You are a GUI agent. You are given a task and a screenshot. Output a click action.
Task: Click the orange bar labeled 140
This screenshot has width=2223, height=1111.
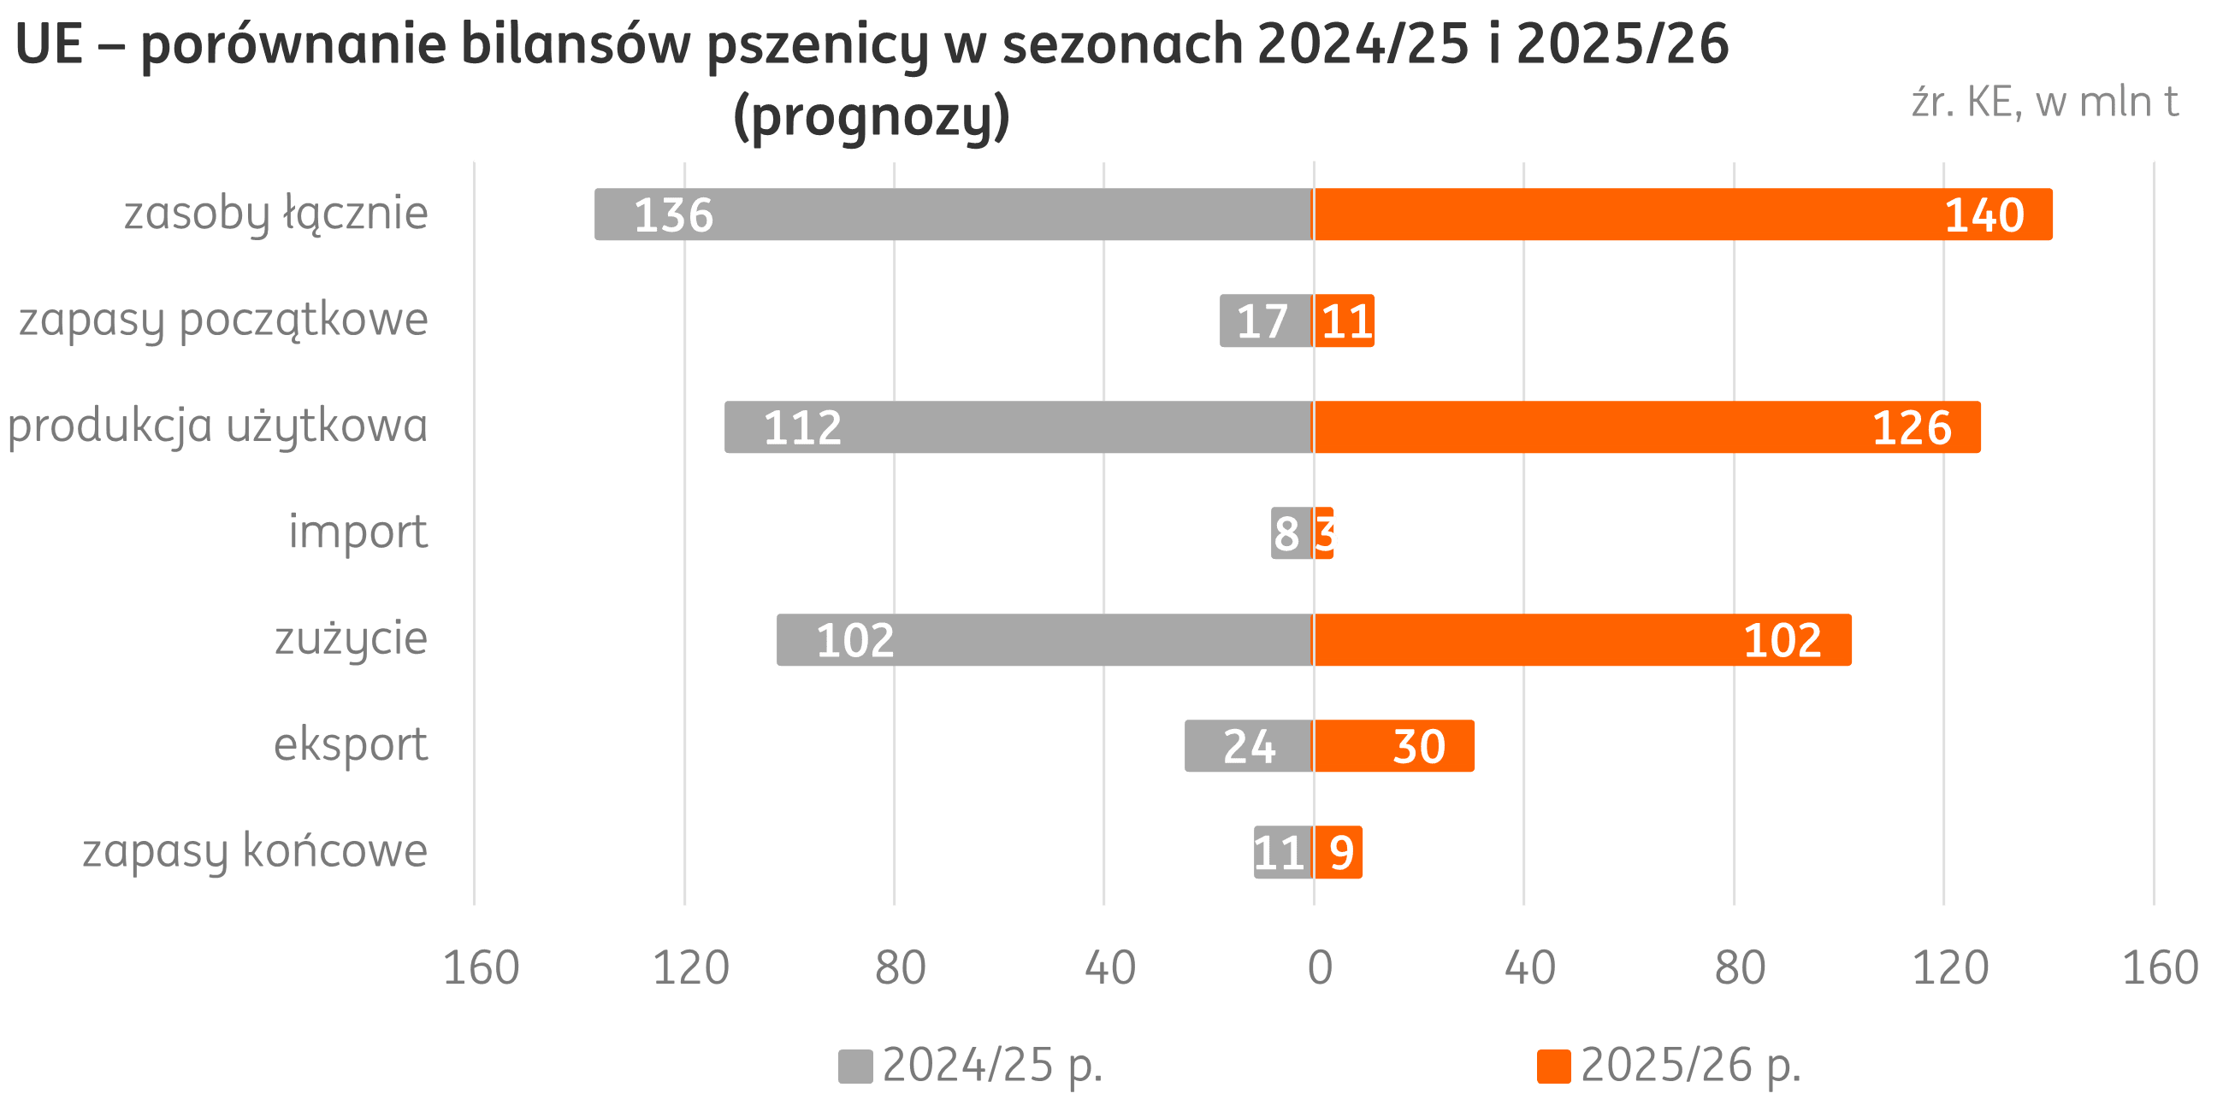1682,214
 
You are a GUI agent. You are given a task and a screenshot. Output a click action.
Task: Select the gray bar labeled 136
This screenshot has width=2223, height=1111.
954,214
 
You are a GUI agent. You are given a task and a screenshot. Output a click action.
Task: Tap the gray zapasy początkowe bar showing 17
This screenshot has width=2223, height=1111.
1265,320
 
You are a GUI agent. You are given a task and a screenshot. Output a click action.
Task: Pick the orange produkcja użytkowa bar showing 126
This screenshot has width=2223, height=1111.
1647,427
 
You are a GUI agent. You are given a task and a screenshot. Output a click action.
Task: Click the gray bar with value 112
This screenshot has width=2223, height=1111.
1019,427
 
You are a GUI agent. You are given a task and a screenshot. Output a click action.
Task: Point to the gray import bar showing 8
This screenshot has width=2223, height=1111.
1291,533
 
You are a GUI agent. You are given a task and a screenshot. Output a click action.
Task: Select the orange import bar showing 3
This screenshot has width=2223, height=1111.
1324,533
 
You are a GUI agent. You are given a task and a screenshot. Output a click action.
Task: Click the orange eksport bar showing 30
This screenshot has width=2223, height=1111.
1392,746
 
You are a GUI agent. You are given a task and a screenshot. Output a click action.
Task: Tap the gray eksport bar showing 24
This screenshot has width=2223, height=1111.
1248,746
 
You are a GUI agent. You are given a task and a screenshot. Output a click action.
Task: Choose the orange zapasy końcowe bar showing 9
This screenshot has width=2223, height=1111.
1338,852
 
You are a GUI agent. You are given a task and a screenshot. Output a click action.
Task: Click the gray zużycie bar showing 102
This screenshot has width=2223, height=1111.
1044,640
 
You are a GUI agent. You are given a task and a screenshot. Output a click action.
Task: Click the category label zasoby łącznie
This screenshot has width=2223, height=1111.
276,214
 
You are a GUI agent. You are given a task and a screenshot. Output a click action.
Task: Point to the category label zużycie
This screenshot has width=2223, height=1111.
351,639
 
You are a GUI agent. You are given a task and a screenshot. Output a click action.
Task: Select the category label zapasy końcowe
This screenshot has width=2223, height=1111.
256,851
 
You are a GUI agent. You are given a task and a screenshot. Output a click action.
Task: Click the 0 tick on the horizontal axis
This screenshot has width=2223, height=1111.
1320,967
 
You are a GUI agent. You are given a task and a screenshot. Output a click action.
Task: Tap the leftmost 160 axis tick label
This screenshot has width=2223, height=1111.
481,967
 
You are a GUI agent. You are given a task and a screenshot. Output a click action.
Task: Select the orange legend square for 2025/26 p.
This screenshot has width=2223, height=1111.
1553,1067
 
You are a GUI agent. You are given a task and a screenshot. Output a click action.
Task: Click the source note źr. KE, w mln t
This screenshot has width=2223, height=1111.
2045,103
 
